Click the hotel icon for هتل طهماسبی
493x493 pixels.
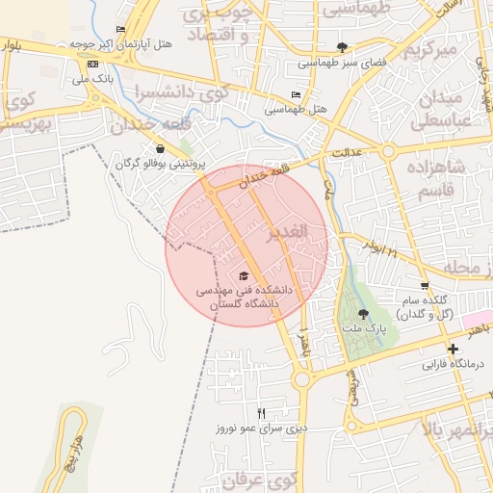click(x=295, y=94)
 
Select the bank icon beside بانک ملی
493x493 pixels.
click(x=92, y=63)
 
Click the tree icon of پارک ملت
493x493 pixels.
click(x=363, y=314)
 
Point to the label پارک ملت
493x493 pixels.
click(x=363, y=329)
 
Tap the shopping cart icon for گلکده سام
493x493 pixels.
click(x=425, y=286)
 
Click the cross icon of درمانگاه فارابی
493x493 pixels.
click(x=453, y=350)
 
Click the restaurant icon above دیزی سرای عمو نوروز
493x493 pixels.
click(x=261, y=412)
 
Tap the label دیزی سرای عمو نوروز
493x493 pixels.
click(x=260, y=428)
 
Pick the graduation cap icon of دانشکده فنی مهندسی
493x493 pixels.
click(x=244, y=275)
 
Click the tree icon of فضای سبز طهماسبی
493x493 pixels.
click(x=344, y=46)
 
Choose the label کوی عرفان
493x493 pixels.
click(x=255, y=478)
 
